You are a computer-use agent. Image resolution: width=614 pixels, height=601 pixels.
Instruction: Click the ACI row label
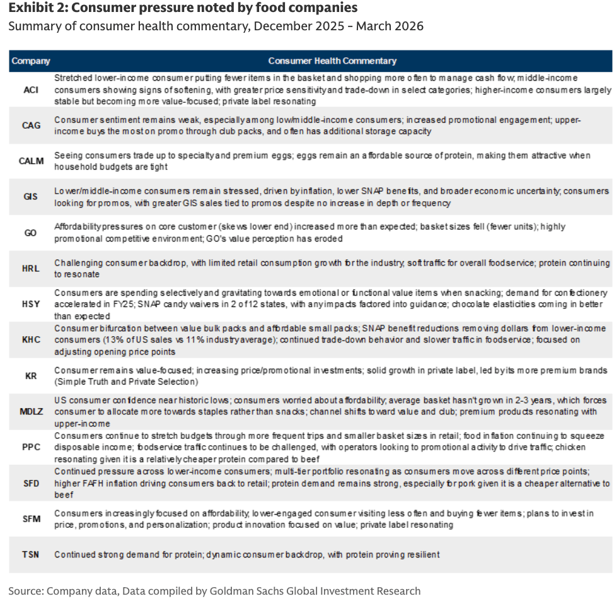point(30,90)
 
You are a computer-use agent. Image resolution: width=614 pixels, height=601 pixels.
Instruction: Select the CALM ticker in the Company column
point(30,161)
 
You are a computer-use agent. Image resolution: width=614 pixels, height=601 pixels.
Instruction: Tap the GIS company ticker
point(30,196)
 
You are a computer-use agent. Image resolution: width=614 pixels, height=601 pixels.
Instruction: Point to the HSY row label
point(30,304)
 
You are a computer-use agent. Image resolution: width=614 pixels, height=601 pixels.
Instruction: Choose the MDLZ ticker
point(30,412)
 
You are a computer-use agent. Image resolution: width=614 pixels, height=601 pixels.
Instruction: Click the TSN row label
point(30,554)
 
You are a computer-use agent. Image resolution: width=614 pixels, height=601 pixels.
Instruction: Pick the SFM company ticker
point(30,519)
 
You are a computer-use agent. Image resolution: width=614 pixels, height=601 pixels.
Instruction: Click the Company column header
point(30,61)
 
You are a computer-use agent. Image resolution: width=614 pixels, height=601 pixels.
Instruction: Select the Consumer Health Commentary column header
point(332,61)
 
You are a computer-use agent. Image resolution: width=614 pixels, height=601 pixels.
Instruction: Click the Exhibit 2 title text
point(183,8)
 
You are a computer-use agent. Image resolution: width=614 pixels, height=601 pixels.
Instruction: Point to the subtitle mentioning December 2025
point(216,26)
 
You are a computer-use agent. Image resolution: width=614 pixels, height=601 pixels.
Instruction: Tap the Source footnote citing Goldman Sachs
point(214,591)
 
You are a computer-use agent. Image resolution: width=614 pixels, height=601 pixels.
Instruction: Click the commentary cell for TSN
point(246,554)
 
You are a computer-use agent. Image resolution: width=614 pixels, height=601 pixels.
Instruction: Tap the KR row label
point(30,376)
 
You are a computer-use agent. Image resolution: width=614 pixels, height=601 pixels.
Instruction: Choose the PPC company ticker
point(30,447)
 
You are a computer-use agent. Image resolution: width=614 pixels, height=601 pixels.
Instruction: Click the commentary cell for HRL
point(332,268)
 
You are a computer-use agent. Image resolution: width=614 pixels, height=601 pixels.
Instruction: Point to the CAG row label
point(30,125)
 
